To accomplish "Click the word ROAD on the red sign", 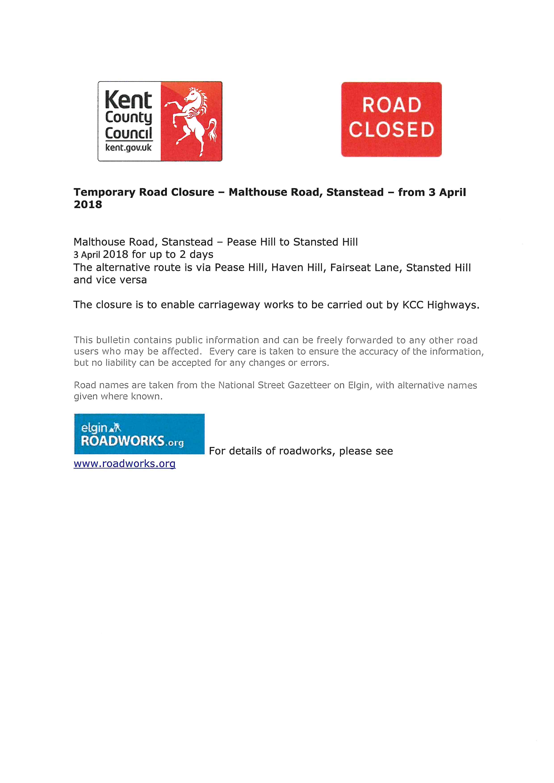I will tap(391, 105).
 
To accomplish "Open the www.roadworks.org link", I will tap(124, 464).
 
